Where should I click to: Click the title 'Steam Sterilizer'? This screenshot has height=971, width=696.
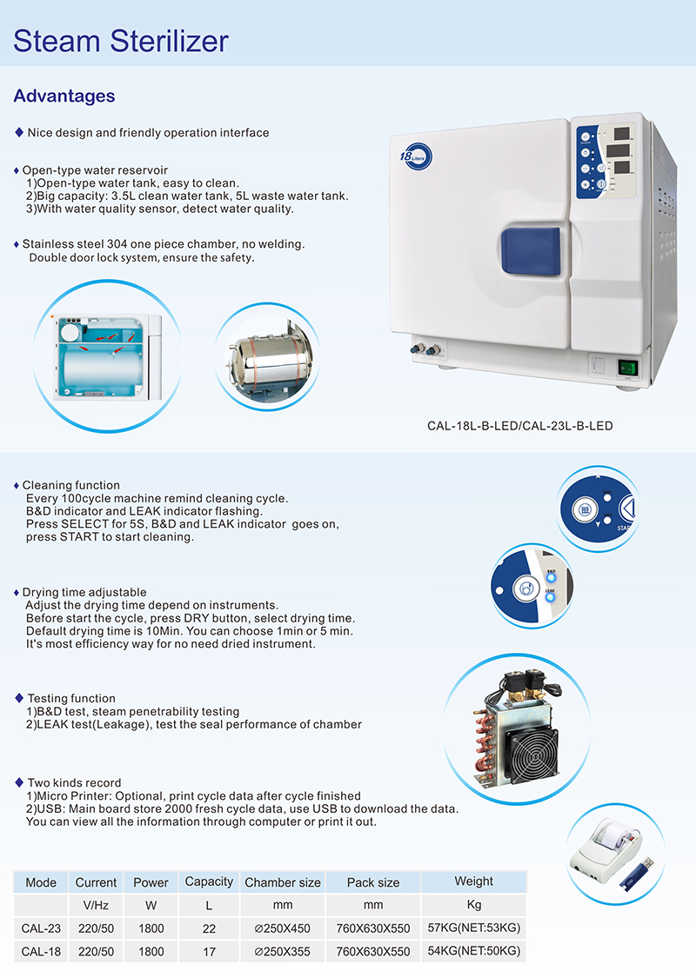pyautogui.click(x=122, y=40)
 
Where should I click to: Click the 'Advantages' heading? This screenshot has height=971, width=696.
pyautogui.click(x=64, y=96)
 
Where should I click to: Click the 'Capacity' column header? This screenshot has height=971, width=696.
pyautogui.click(x=209, y=881)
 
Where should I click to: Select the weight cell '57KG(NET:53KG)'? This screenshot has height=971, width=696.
pyautogui.click(x=474, y=928)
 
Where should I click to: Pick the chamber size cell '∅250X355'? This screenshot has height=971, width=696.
pyautogui.click(x=283, y=951)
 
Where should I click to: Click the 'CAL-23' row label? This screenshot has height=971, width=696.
pyautogui.click(x=41, y=928)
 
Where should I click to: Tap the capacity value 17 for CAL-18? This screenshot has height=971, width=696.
pyautogui.click(x=209, y=951)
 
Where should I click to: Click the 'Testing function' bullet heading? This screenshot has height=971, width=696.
pyautogui.click(x=71, y=698)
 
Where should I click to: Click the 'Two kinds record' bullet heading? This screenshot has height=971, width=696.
pyautogui.click(x=74, y=782)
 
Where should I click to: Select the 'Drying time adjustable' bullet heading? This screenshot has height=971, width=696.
pyautogui.click(x=84, y=592)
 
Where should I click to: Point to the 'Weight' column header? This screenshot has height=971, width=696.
pyautogui.click(x=474, y=881)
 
